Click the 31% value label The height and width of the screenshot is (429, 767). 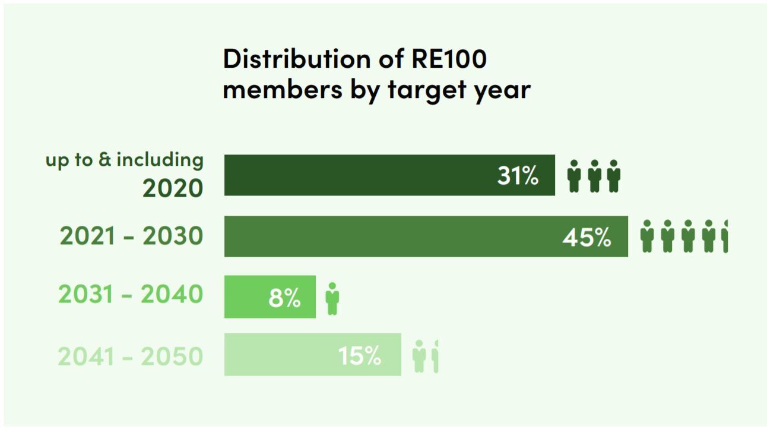[518, 176]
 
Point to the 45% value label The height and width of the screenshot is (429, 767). [587, 238]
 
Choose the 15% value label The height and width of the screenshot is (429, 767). [360, 356]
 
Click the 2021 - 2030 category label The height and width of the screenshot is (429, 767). [131, 236]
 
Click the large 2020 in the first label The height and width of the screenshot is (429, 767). [172, 188]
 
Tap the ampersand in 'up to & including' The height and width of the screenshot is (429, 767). [105, 160]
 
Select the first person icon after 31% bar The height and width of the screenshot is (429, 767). [573, 176]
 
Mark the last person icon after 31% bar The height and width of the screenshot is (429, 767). [614, 176]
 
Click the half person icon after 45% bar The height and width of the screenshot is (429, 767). [724, 236]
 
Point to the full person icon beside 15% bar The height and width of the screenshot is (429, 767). [419, 356]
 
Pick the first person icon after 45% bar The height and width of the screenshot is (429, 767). [647, 236]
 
